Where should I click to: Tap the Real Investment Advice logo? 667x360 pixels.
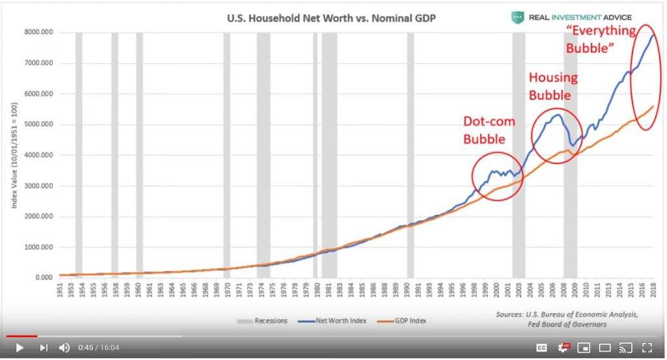(x=571, y=17)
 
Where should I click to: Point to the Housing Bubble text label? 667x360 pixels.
(x=552, y=86)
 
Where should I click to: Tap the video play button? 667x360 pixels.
(x=19, y=348)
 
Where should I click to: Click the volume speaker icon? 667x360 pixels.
(x=64, y=348)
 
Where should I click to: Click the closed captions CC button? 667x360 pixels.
(x=541, y=348)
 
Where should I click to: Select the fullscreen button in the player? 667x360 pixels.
(x=647, y=348)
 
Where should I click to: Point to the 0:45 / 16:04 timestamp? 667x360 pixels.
(x=98, y=348)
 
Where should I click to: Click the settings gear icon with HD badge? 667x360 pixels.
(x=563, y=348)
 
